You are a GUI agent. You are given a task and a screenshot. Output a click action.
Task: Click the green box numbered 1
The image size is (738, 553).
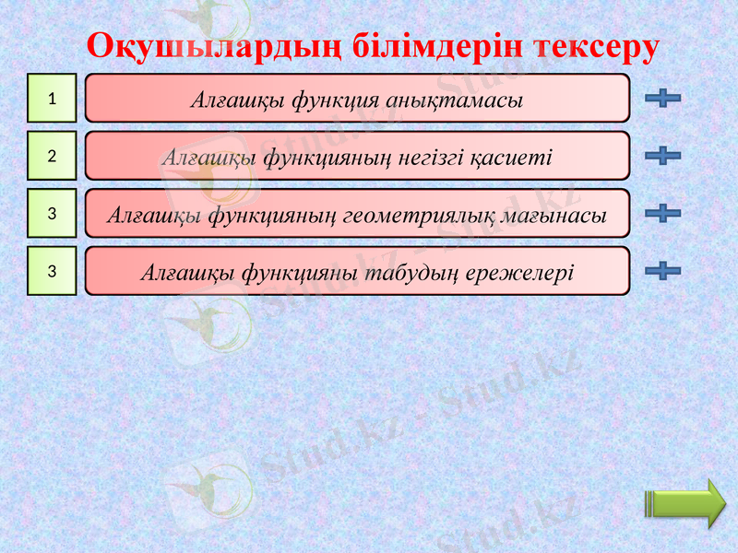[x=52, y=99]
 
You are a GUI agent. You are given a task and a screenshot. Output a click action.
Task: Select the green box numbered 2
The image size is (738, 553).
[x=52, y=156]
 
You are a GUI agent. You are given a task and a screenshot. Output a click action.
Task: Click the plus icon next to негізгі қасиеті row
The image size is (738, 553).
[x=663, y=156]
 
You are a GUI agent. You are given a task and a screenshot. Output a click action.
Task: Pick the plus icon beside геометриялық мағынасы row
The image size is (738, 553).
[x=663, y=213]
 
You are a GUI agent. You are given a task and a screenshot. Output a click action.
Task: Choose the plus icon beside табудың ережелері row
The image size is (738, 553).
[x=663, y=270]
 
